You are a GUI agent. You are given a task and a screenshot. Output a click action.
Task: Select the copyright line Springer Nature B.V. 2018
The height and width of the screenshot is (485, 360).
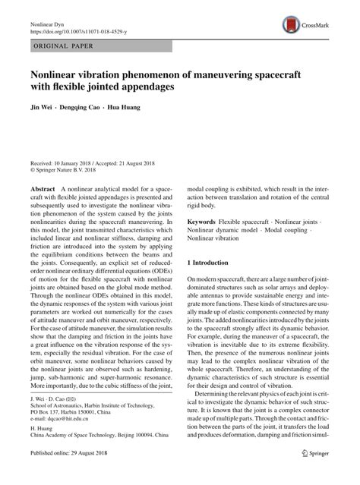point(74,171)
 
